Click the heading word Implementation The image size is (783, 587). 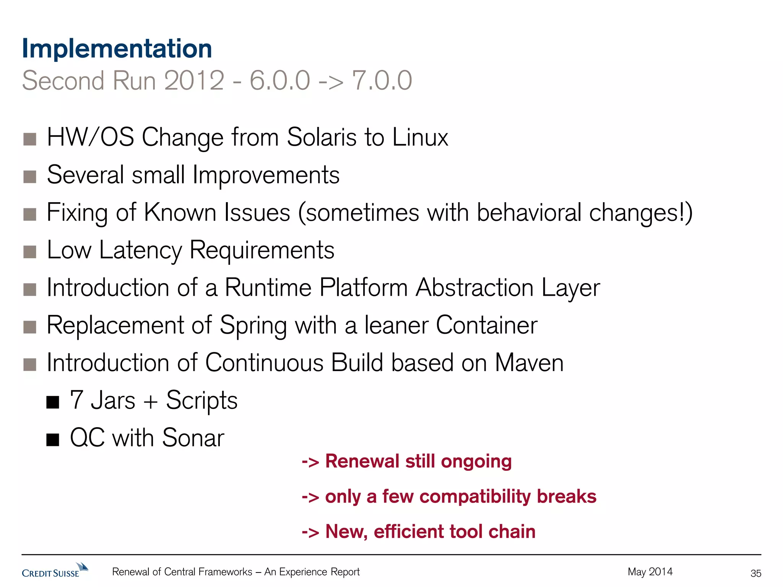(x=117, y=49)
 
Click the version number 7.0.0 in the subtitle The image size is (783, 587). (x=382, y=81)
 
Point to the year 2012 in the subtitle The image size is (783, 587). (x=194, y=81)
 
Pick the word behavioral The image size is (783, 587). (x=529, y=212)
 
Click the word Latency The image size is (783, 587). (x=140, y=250)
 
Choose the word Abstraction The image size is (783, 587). (x=474, y=288)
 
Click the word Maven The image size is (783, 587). (x=529, y=363)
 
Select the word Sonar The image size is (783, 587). (x=193, y=438)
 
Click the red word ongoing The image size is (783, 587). (x=476, y=462)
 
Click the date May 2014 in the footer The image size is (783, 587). (x=650, y=572)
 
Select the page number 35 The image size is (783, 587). (x=755, y=573)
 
